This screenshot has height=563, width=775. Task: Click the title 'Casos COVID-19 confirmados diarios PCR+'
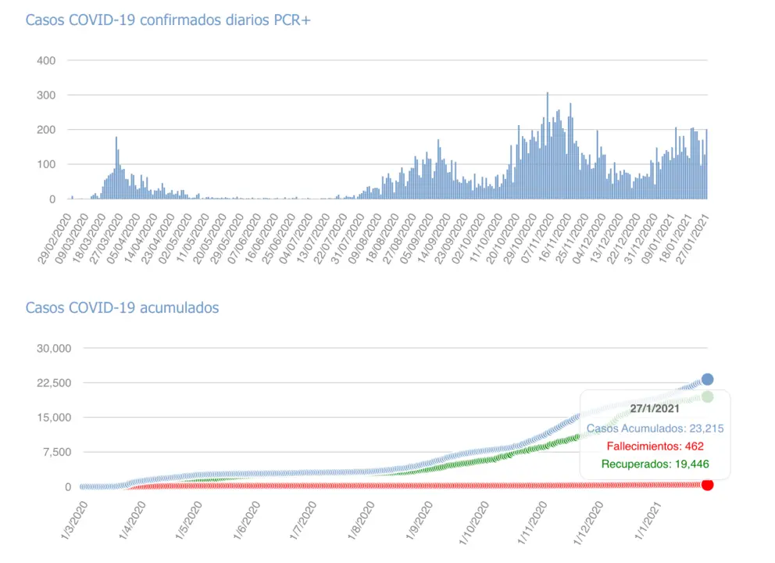coord(168,20)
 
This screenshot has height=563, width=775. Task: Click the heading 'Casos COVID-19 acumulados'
coord(122,307)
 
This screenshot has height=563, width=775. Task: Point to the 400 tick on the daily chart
coord(45,60)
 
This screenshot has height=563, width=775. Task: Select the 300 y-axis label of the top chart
coord(45,95)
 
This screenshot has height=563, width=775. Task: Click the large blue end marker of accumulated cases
coord(707,379)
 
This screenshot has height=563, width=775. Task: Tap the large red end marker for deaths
coord(707,485)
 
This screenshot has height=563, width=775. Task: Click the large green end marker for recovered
coord(707,396)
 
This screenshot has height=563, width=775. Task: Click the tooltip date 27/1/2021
coord(655,408)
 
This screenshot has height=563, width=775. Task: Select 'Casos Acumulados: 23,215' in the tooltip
coord(655,428)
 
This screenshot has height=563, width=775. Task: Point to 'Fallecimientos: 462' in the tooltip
coord(655,446)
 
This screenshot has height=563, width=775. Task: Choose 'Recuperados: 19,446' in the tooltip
coord(655,464)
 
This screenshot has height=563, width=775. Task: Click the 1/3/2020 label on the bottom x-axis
coord(75,519)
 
